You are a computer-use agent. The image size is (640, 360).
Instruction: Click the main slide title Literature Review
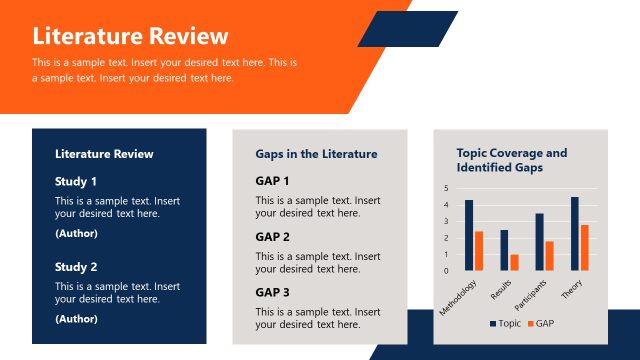point(130,37)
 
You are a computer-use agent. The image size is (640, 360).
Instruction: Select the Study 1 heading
point(76,182)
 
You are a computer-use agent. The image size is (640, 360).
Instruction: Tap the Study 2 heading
point(76,267)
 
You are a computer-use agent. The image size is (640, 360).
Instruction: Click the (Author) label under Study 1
point(76,233)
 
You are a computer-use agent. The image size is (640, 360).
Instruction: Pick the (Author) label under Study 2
point(76,319)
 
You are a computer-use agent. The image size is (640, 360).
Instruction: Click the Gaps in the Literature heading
point(316,154)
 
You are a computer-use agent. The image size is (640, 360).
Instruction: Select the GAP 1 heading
point(272,181)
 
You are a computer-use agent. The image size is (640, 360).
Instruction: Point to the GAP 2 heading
point(272,237)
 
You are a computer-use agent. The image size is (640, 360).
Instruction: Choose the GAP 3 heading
point(272,292)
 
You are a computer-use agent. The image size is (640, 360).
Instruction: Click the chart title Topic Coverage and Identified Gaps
point(511,160)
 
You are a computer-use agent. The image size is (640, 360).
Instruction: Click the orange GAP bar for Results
point(514,262)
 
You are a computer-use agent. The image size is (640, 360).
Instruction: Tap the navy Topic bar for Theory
point(575,233)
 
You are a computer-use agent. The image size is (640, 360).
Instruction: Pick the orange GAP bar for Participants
point(549,256)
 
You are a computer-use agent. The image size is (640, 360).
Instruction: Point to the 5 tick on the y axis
point(446,188)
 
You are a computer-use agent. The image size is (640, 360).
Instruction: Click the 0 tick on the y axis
point(446,270)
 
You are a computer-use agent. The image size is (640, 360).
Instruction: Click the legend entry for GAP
point(540,324)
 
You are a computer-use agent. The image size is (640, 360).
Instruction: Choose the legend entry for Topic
point(505,324)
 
